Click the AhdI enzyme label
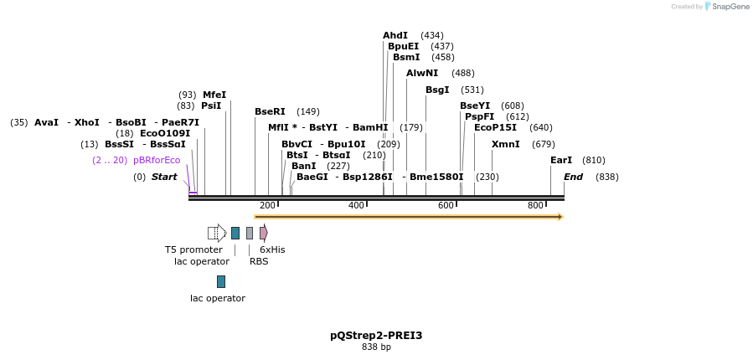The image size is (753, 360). (x=395, y=35)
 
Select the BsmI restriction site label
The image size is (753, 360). (x=406, y=57)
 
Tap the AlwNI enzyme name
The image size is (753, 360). (x=422, y=74)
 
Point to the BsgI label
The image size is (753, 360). (x=437, y=90)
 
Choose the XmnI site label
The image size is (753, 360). (x=506, y=144)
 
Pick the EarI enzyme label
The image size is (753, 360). (x=561, y=160)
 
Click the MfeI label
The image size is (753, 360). (x=214, y=95)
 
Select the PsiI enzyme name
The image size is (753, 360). (x=211, y=105)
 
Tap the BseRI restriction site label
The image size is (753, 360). (x=270, y=111)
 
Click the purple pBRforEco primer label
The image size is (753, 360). (x=157, y=160)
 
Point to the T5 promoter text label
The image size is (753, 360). (x=193, y=249)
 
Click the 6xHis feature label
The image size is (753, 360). (x=272, y=249)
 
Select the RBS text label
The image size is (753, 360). (x=259, y=261)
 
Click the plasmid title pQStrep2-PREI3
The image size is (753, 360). (x=376, y=336)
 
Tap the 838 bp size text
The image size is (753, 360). (x=376, y=347)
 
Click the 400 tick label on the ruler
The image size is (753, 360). (x=357, y=206)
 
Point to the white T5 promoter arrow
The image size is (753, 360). (x=217, y=233)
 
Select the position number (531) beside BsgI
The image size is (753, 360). (x=472, y=90)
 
